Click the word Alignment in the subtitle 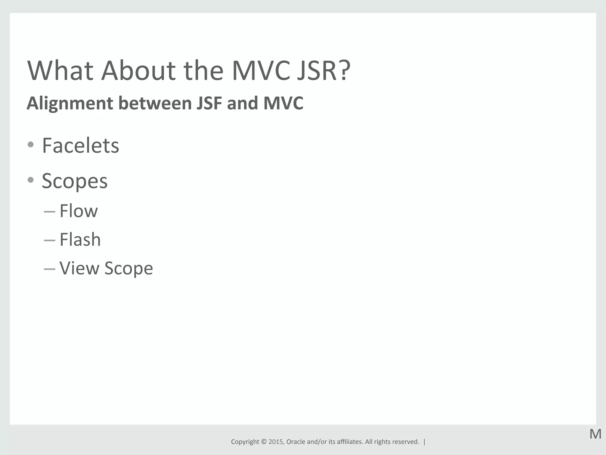[70, 103]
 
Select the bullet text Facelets [80, 146]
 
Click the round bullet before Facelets [30, 145]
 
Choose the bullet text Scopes [75, 181]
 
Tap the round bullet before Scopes [30, 180]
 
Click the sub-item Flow [78, 211]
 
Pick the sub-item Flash [80, 239]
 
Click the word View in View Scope [79, 268]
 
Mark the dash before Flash [49, 240]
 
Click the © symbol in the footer [264, 442]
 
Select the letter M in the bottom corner [595, 434]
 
